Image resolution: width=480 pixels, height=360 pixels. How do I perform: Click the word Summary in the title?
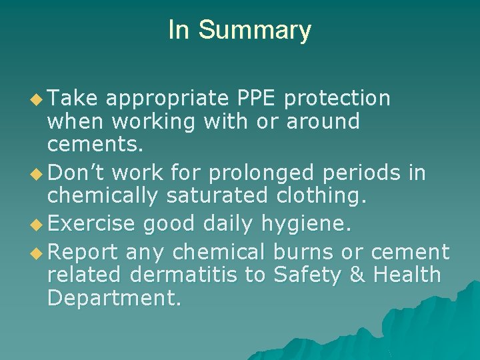(x=255, y=31)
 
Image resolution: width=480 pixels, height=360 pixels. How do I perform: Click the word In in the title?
(x=179, y=30)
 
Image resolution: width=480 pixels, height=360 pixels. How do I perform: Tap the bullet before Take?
(x=39, y=99)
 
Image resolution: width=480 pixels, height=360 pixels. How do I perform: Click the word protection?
(x=337, y=99)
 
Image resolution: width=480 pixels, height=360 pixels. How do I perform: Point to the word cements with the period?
(x=89, y=144)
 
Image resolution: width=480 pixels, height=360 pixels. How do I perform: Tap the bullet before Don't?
(x=39, y=174)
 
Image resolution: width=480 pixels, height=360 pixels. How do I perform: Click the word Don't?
(x=77, y=173)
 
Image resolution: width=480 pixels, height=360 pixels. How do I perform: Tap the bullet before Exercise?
(x=39, y=224)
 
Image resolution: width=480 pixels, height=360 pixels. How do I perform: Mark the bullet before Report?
(x=39, y=253)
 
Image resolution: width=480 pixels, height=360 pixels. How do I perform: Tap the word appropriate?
(x=168, y=99)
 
